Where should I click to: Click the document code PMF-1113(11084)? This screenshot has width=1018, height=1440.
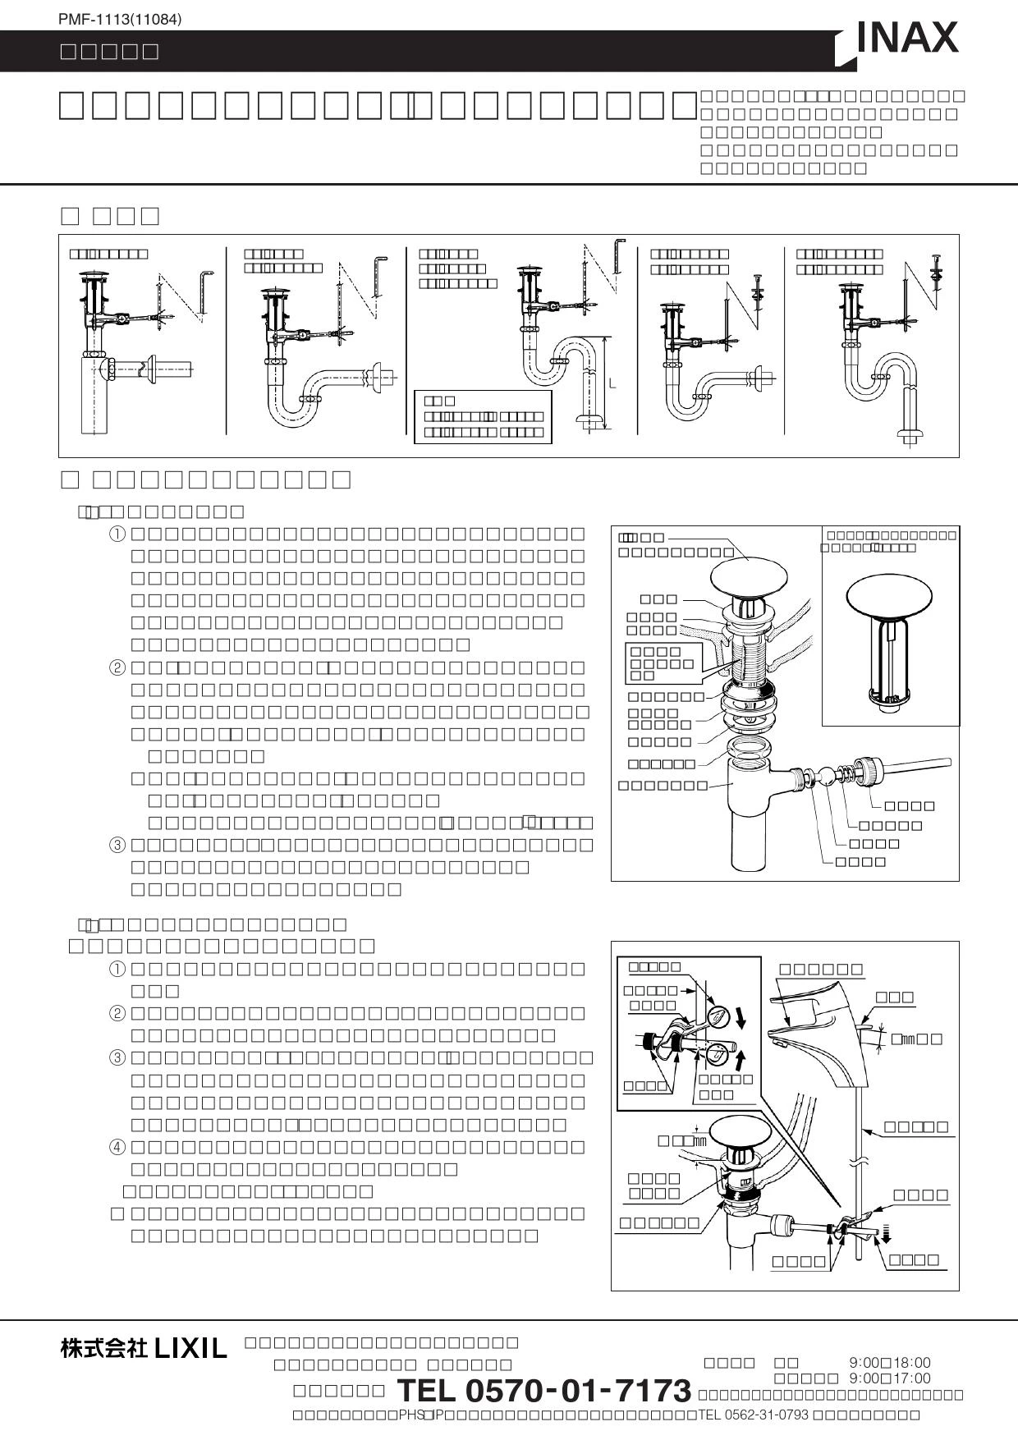[120, 18]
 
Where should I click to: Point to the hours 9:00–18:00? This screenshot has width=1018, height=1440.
[890, 1363]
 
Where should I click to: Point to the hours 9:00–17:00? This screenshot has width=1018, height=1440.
[890, 1378]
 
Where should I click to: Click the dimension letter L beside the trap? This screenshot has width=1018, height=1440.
[612, 384]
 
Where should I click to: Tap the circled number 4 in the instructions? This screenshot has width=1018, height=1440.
[118, 1146]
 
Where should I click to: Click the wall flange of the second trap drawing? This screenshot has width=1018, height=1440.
[378, 378]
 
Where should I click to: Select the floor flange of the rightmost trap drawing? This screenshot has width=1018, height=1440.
[909, 433]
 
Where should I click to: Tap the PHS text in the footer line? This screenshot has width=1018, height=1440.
[410, 1415]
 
